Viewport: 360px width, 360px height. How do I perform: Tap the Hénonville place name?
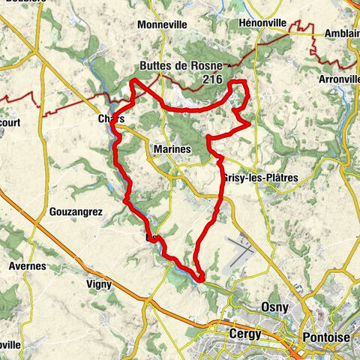tap(263, 23)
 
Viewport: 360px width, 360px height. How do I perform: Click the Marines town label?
tap(172, 150)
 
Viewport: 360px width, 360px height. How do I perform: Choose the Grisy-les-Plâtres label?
tap(261, 178)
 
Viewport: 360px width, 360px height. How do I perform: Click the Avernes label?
tap(28, 265)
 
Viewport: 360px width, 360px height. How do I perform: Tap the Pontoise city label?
tap(325, 337)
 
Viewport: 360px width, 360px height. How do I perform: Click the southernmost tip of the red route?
tap(200, 280)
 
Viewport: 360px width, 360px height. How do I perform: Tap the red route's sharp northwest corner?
tap(133, 80)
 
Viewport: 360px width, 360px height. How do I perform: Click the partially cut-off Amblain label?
tap(342, 34)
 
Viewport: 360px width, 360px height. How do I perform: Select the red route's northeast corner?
tap(244, 82)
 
